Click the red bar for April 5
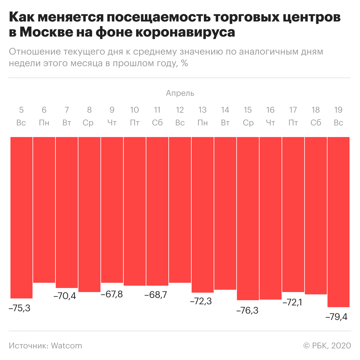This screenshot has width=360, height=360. point(21,218)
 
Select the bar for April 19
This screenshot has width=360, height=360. point(339,222)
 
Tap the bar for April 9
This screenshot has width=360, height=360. point(112,210)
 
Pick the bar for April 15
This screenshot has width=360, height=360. point(248,219)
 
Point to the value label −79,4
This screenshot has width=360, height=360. point(337,317)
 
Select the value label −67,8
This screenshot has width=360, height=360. point(112,294)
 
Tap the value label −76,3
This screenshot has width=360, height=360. point(247,311)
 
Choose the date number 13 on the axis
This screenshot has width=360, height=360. point(202,110)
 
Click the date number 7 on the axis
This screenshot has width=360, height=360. point(67,110)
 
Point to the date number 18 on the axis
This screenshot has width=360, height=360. point(316,110)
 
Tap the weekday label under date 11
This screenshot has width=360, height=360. point(157,123)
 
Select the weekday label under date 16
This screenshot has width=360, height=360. point(270,123)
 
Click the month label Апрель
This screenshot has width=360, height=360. point(180,93)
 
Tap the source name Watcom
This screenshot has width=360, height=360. point(66,346)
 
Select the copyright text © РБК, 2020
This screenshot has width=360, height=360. point(327,346)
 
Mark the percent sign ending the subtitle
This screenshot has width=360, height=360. point(184,63)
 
